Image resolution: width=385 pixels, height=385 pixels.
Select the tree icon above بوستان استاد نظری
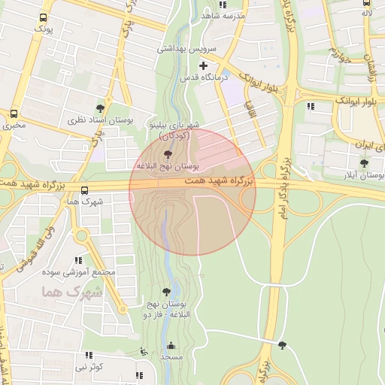(100, 108)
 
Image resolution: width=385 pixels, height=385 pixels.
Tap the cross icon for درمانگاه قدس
(203, 65)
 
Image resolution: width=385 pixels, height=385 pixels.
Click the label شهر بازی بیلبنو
(174, 124)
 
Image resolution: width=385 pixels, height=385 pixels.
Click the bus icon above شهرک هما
(83, 190)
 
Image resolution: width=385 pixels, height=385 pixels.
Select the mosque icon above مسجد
(171, 346)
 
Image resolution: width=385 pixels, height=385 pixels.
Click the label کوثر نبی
(89, 367)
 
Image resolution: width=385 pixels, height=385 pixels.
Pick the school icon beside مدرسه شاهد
(205, 14)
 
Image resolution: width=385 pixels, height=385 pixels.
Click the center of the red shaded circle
(192, 192)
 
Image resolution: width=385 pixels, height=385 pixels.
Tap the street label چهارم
(341, 55)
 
